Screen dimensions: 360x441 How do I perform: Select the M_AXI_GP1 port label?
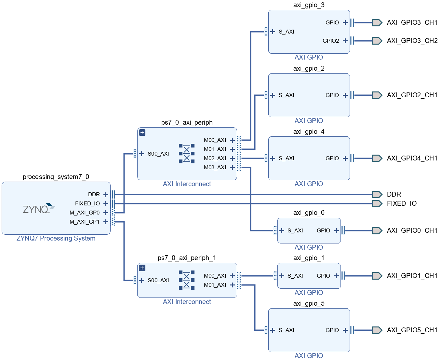pos(85,222)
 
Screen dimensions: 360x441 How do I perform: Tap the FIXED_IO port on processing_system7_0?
pos(87,203)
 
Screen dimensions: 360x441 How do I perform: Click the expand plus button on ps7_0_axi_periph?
pos(142,132)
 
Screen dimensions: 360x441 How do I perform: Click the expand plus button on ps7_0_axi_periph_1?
pos(142,268)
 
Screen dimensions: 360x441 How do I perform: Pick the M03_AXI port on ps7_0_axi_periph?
pos(215,167)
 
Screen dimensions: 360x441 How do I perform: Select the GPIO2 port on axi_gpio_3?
pos(331,41)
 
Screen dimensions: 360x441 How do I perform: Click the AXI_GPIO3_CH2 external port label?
pos(412,41)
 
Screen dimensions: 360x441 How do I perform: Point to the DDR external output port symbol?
pos(377,194)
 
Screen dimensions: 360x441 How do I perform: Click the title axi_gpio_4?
pos(309,132)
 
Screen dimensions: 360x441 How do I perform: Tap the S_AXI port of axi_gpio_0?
pos(295,230)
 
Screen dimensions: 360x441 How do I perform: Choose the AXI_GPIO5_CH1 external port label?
pos(412,330)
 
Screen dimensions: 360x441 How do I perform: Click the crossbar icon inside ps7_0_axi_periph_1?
pos(187,280)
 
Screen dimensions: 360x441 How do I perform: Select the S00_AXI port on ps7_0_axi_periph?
pos(158,154)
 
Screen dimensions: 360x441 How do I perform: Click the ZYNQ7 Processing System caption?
pos(56,238)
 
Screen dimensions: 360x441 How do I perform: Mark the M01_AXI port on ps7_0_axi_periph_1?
pos(215,285)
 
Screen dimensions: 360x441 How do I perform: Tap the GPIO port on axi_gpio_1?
pos(323,276)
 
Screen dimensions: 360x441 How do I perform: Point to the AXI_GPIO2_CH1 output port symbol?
pos(377,95)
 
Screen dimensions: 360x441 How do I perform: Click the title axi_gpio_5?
pos(309,303)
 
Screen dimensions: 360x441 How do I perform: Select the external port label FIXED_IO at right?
pos(402,203)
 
